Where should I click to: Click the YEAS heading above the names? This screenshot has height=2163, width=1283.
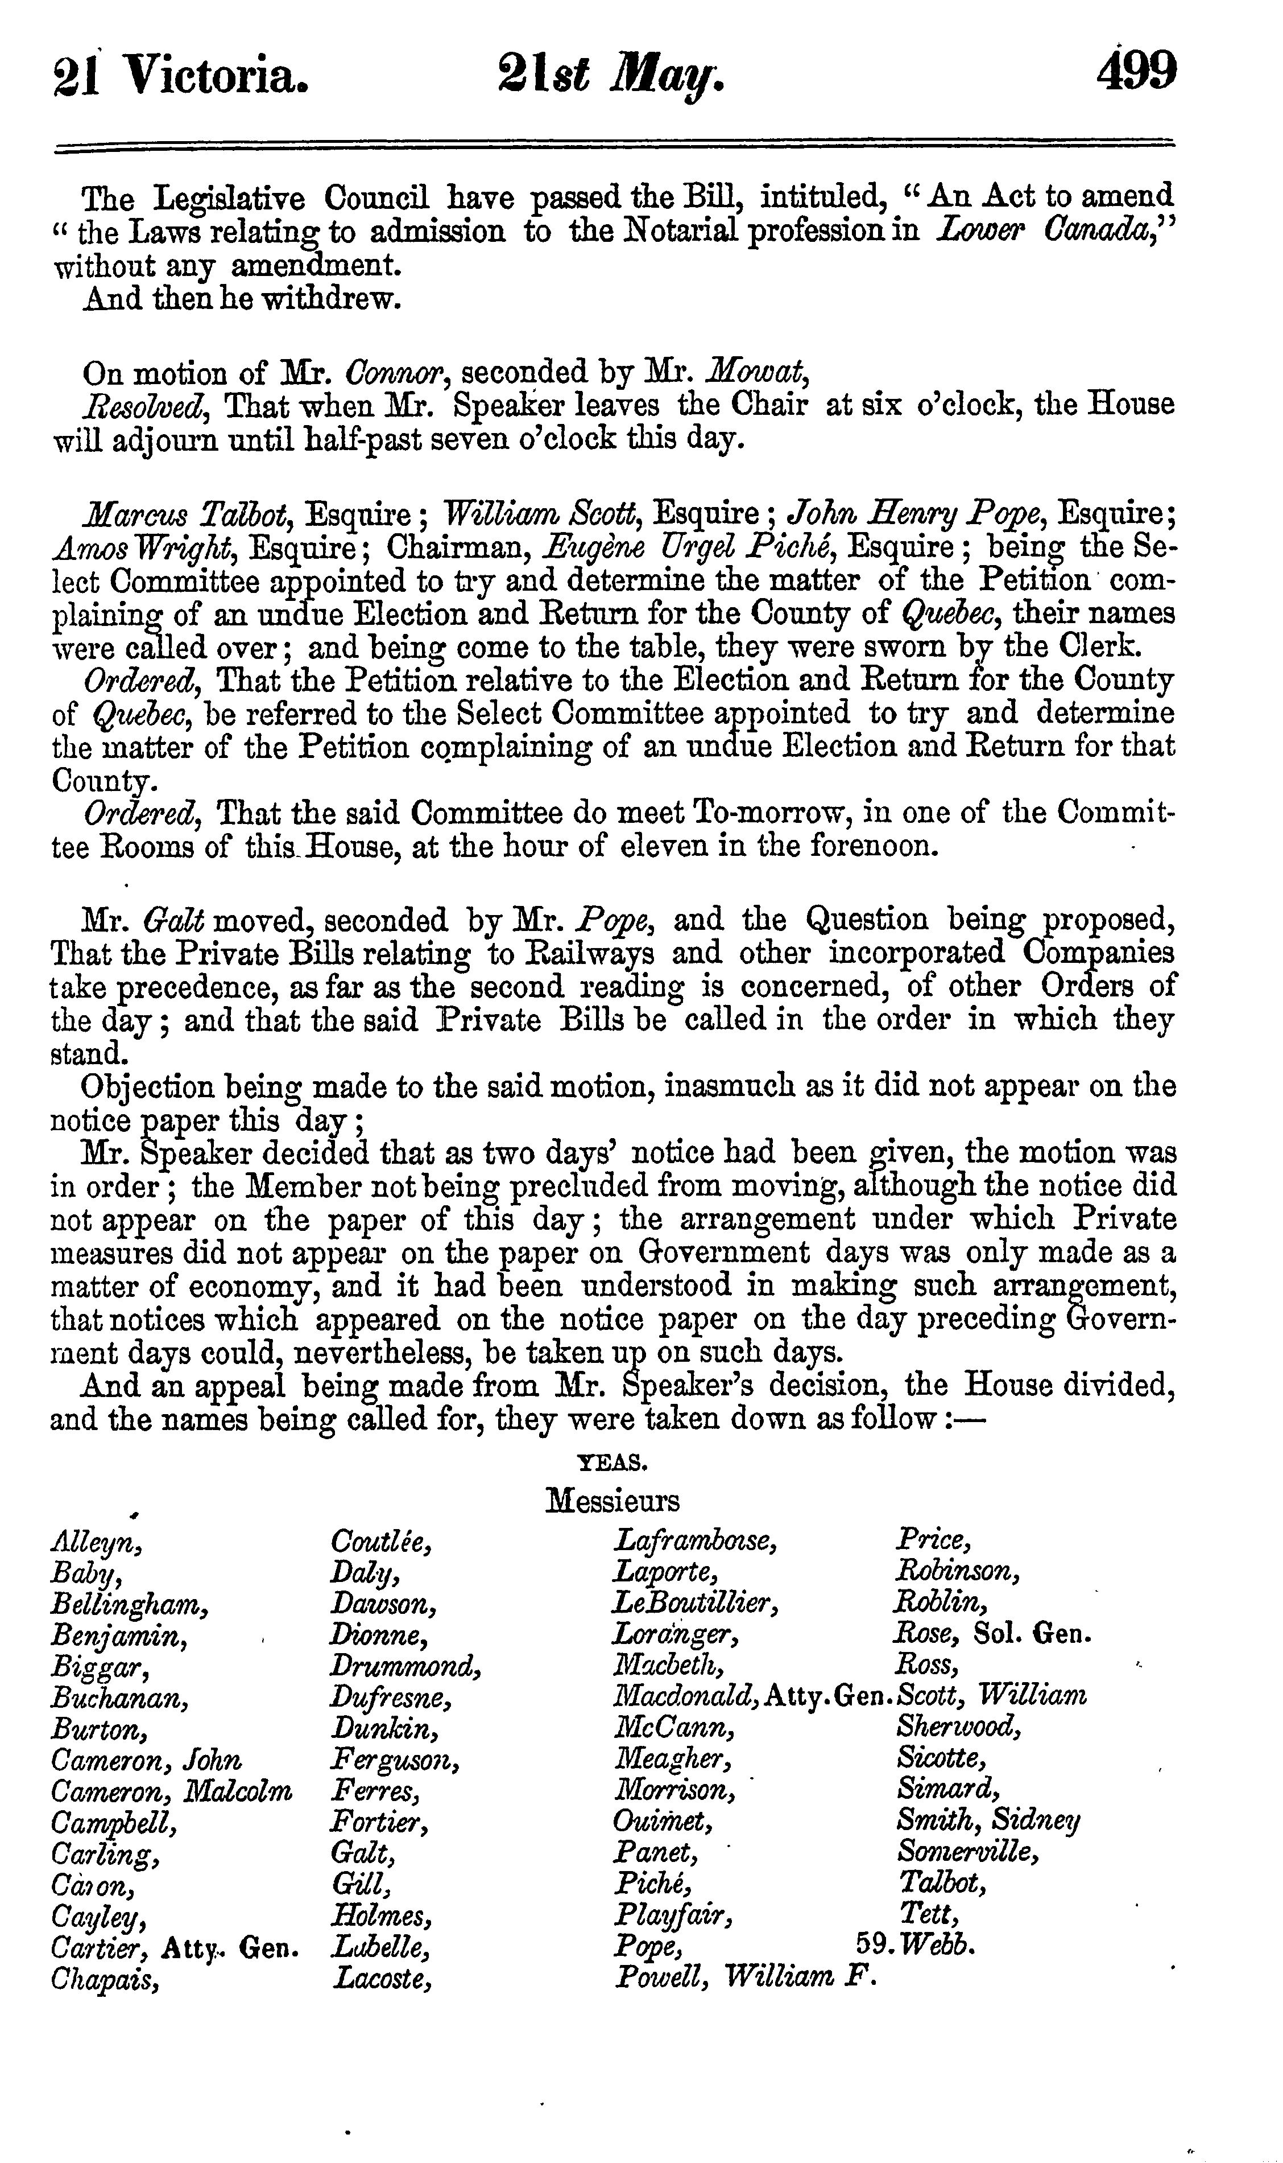[x=612, y=1461]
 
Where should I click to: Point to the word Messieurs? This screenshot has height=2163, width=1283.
[x=612, y=1499]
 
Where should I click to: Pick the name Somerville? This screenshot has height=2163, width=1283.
[x=967, y=1852]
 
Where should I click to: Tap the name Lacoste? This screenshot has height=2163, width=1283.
[x=381, y=1977]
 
